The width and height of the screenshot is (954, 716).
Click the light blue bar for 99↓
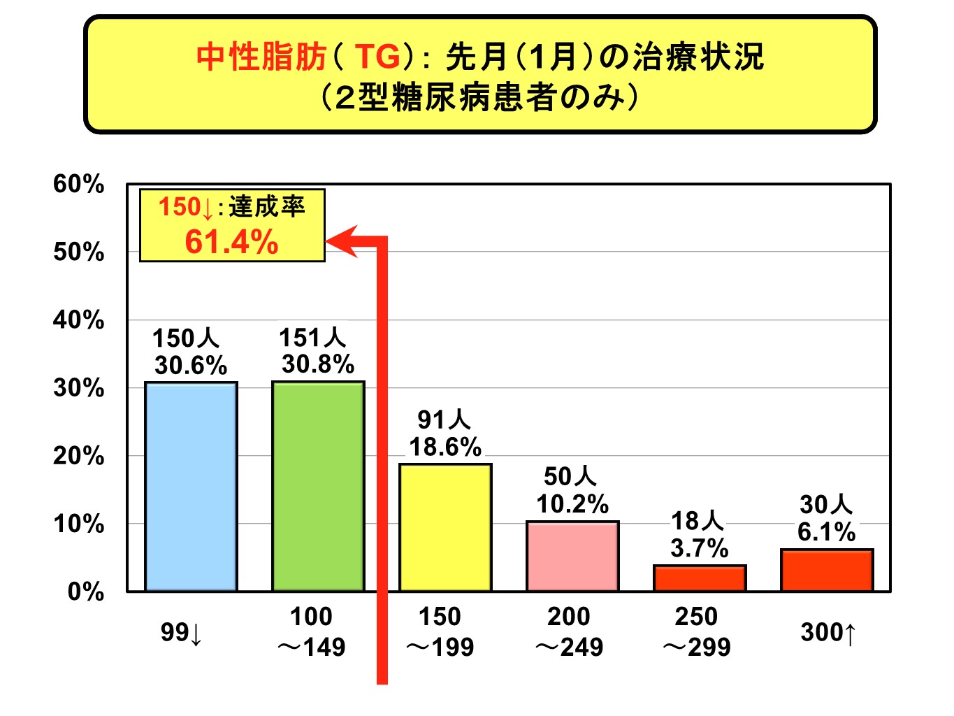coord(191,487)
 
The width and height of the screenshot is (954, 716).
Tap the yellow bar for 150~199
coord(445,527)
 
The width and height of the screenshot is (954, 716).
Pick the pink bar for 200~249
coord(572,556)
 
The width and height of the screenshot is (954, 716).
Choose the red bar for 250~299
coord(700,578)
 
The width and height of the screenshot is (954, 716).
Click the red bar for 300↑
coord(827,570)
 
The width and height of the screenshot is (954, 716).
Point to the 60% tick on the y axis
coord(78,185)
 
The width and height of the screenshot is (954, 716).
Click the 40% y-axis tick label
coord(78,321)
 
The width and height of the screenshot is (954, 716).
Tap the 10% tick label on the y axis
coord(78,524)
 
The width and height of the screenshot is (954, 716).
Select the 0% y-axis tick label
coord(85,592)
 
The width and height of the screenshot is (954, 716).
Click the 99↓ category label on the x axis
coord(181,633)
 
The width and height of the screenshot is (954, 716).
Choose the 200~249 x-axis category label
coord(569,632)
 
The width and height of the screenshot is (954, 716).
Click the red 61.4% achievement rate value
coord(231,243)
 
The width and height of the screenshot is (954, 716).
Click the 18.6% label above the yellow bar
coord(445,447)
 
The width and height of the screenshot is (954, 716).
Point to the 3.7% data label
coord(699,548)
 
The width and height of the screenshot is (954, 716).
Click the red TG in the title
coord(377,57)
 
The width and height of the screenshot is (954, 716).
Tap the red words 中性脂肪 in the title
coord(261,57)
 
